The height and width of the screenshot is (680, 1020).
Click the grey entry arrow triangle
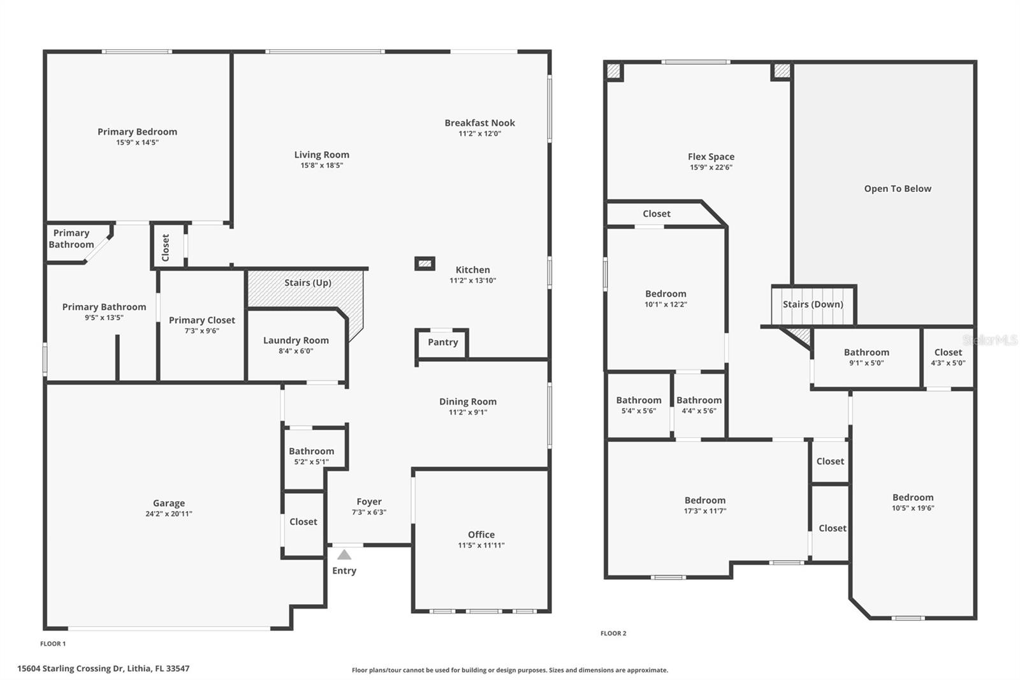point(344,555)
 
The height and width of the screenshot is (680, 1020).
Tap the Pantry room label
point(442,343)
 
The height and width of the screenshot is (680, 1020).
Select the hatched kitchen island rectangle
point(425,263)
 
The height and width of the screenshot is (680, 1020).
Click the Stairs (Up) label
point(307,283)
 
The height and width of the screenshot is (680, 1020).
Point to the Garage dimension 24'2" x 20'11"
point(168,514)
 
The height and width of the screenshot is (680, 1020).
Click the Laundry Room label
point(296,341)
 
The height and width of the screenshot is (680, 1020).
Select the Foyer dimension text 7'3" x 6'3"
point(369,512)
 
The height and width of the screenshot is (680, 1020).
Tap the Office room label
point(481,535)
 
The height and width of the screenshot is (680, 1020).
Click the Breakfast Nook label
point(479,123)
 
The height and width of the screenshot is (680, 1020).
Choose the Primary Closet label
point(201,320)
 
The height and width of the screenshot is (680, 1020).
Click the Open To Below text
point(897,189)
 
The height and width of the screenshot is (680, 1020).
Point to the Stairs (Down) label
point(813,304)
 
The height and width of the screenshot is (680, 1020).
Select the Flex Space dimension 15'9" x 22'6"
point(711,167)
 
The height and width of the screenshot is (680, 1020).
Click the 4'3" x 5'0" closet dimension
point(948,363)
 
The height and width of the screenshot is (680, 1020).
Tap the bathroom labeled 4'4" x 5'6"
point(699,401)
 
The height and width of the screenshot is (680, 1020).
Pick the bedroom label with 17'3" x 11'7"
point(704,501)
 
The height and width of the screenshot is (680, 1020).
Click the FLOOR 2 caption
point(613,633)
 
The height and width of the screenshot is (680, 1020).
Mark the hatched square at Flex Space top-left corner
point(613,70)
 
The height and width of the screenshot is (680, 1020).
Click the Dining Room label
point(467,402)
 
